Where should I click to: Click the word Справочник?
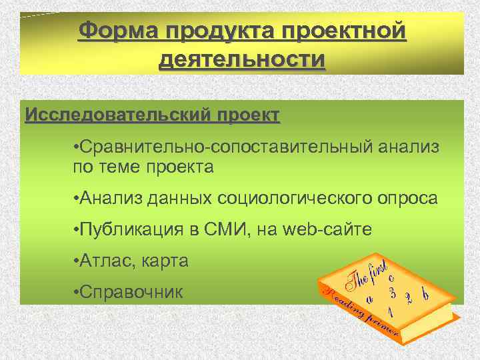point(133,292)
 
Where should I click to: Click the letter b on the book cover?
point(425,291)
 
